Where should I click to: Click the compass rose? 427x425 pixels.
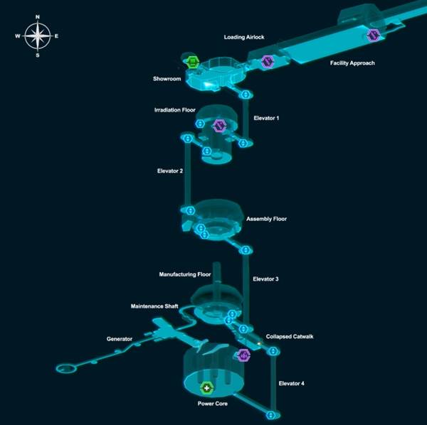(x=37, y=36)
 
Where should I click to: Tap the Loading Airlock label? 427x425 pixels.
(x=244, y=37)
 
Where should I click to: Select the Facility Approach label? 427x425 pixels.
(x=352, y=63)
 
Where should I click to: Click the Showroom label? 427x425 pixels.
(x=167, y=79)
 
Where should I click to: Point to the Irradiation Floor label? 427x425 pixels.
(x=175, y=110)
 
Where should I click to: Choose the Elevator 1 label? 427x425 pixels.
(x=266, y=118)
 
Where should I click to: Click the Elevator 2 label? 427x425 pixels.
(x=170, y=171)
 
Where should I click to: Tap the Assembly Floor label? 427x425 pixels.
(x=267, y=219)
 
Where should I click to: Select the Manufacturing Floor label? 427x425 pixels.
(x=185, y=274)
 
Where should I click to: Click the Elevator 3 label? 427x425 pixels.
(x=265, y=279)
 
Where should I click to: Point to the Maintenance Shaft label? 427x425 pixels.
(x=154, y=306)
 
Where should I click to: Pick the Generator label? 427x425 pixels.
(x=120, y=339)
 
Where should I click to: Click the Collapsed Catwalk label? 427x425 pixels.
(x=290, y=337)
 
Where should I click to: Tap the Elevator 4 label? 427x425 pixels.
(x=291, y=383)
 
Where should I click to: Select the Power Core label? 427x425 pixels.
(x=212, y=404)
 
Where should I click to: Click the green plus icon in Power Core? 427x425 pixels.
(x=207, y=388)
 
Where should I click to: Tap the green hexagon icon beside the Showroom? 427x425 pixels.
(x=193, y=62)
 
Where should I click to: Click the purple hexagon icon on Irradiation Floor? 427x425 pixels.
(x=219, y=126)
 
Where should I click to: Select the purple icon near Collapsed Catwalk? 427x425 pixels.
(x=243, y=355)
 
